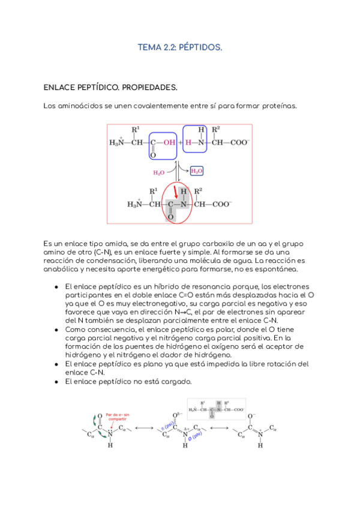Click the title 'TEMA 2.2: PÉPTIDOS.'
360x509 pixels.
pos(180,47)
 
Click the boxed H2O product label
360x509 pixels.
pos(196,172)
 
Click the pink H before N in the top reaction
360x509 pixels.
pos(188,143)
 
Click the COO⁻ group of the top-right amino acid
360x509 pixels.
pos(239,143)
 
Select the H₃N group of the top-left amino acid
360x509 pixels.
pos(116,143)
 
